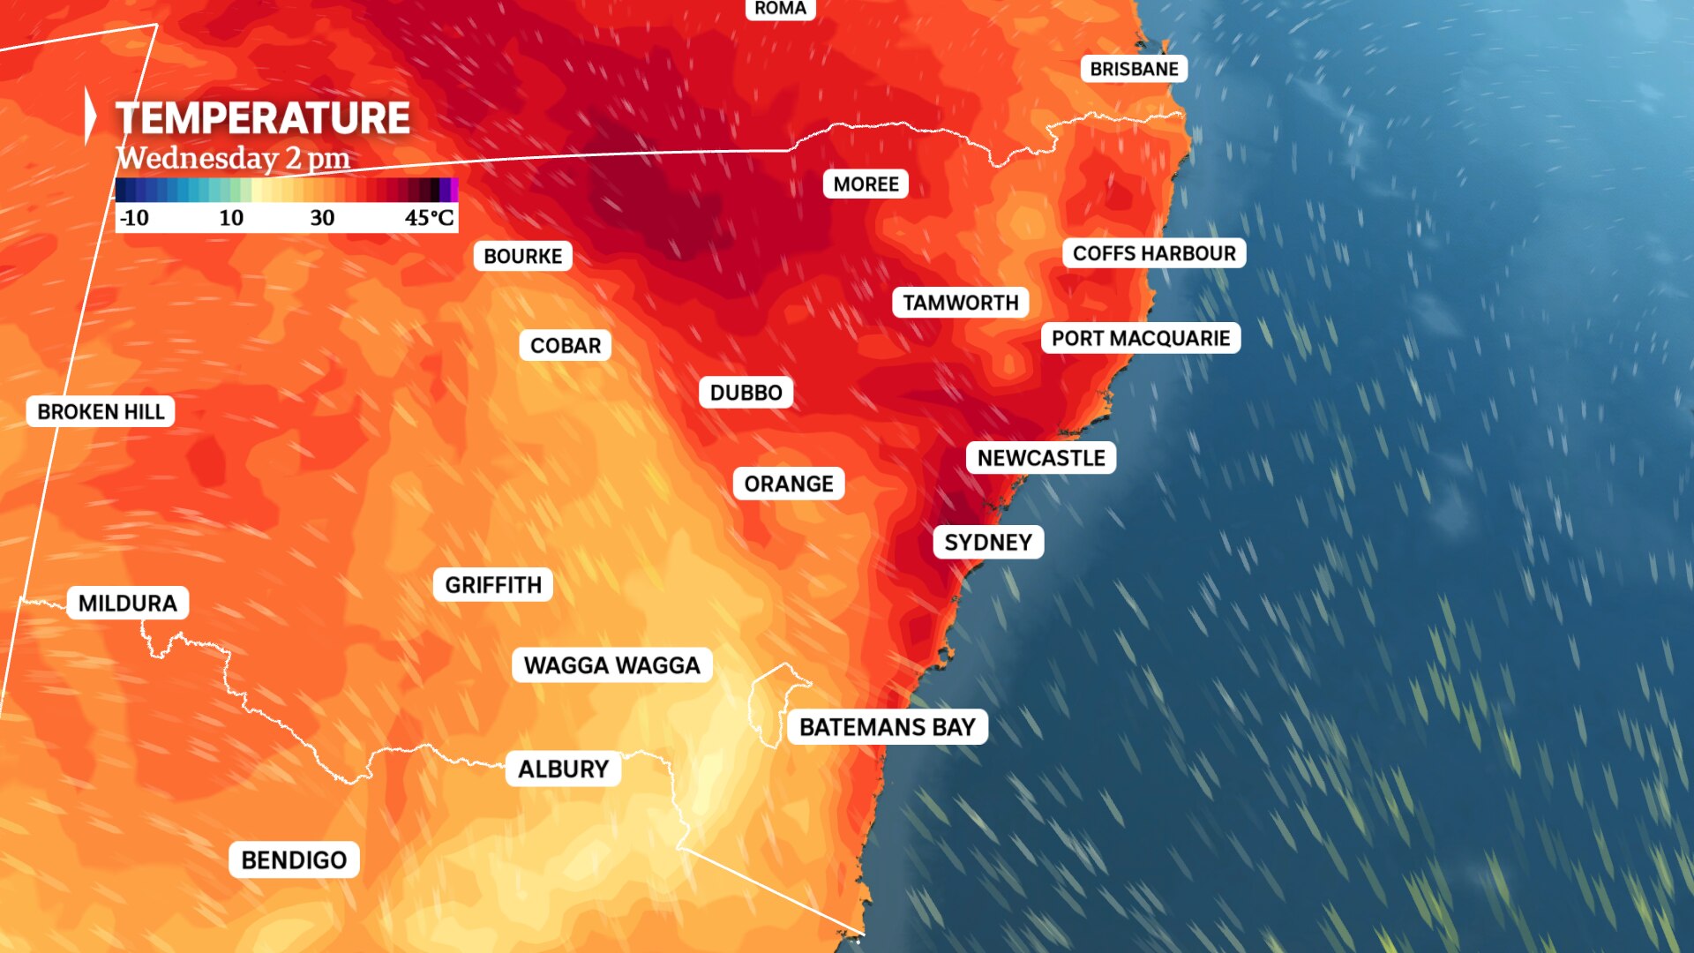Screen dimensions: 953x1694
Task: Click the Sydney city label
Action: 988,542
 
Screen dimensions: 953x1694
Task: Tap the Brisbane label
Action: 1134,69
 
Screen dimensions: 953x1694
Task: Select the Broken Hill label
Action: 101,411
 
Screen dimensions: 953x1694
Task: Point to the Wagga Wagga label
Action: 611,665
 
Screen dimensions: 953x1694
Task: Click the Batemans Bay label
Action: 887,727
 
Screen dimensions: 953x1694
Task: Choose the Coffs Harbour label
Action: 1154,253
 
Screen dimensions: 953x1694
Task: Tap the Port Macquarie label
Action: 1140,338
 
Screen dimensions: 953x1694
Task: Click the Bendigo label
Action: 294,859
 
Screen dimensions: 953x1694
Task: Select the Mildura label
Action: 128,603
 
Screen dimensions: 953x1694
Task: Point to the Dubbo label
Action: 746,393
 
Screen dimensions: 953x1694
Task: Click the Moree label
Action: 866,184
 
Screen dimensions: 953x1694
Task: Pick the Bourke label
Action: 522,256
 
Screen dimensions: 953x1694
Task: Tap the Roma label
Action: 780,9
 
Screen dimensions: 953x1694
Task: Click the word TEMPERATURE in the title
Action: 263,118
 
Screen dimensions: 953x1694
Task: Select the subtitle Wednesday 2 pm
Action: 234,158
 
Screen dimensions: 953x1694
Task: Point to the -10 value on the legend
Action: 134,218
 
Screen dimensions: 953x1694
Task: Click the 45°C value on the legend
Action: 430,218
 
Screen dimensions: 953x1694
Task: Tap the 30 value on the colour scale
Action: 322,218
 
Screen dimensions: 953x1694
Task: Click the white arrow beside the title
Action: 90,116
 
